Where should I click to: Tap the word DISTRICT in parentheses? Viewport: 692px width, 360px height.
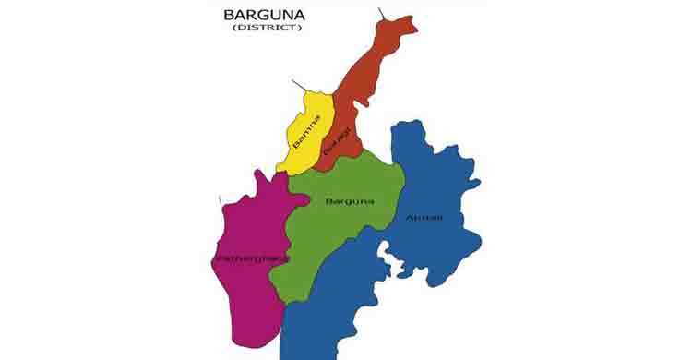coord(267,28)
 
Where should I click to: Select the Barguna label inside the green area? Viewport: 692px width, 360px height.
coord(350,200)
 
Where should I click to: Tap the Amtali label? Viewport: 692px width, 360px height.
coord(424,218)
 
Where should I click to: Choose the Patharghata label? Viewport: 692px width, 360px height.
coord(252,258)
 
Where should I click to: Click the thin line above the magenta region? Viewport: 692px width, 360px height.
coord(220,201)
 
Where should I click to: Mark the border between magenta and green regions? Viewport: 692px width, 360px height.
coord(287,249)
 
